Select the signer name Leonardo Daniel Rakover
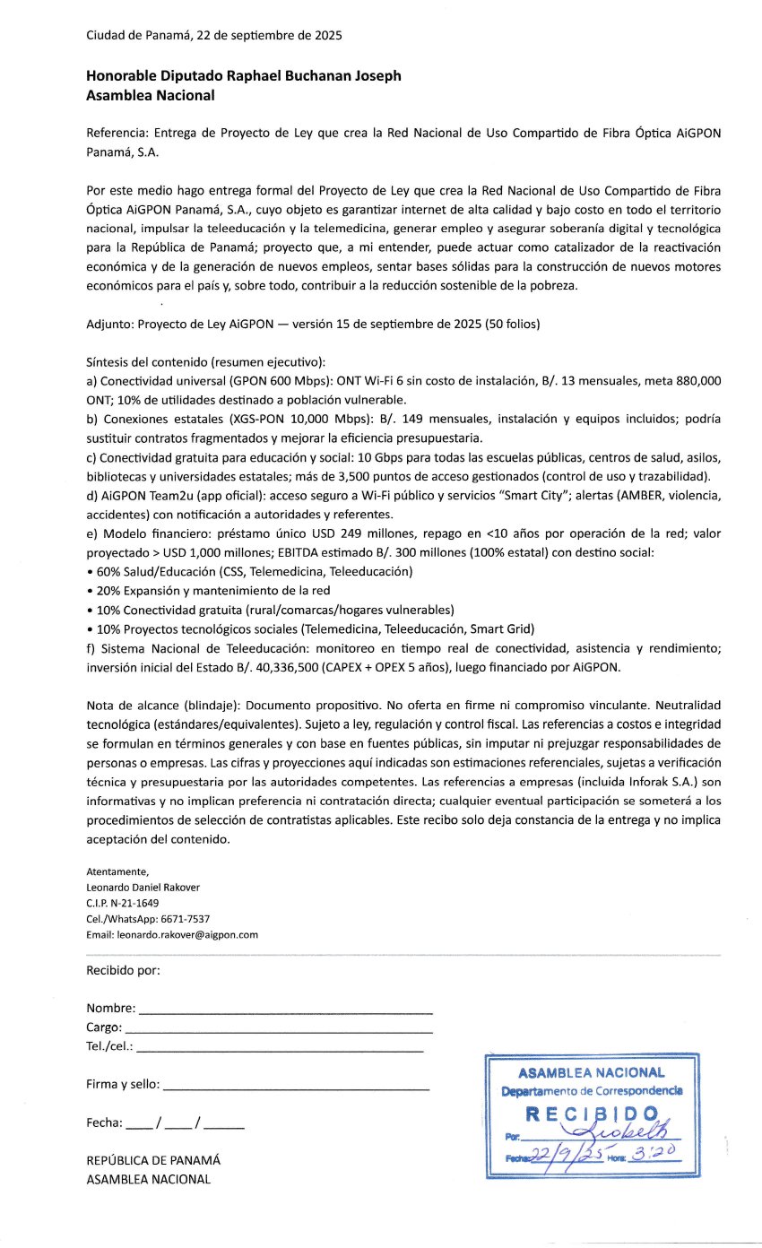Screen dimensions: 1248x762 pos(143,888)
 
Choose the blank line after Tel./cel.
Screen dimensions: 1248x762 pos(280,1048)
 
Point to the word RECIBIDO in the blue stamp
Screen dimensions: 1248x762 pos(592,1114)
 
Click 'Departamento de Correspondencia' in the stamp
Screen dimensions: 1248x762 pos(592,1091)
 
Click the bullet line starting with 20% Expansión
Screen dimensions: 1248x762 pos(208,590)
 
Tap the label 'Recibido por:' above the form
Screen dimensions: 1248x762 pos(123,970)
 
